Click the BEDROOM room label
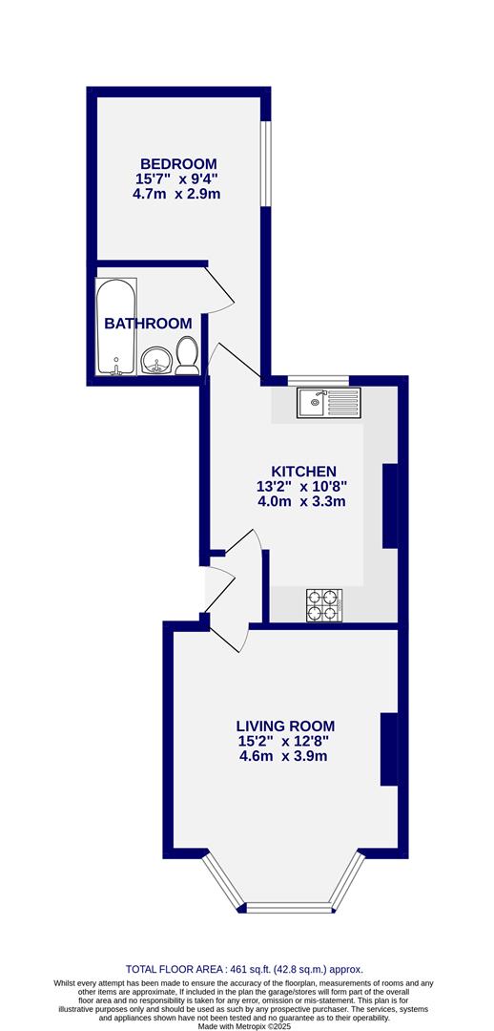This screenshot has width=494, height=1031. pyautogui.click(x=178, y=163)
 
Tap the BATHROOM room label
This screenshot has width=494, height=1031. pyautogui.click(x=148, y=324)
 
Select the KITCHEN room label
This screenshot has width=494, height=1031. pyautogui.click(x=303, y=472)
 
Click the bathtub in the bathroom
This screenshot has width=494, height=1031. pyautogui.click(x=116, y=327)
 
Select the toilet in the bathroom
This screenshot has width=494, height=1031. pyautogui.click(x=187, y=355)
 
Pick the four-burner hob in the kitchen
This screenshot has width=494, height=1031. pyautogui.click(x=324, y=605)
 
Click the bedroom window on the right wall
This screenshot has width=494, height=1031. pyautogui.click(x=266, y=162)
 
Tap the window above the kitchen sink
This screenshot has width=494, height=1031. pyautogui.click(x=319, y=381)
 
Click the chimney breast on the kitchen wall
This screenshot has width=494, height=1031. pyautogui.click(x=389, y=506)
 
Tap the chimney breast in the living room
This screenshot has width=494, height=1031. pyautogui.click(x=388, y=749)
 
